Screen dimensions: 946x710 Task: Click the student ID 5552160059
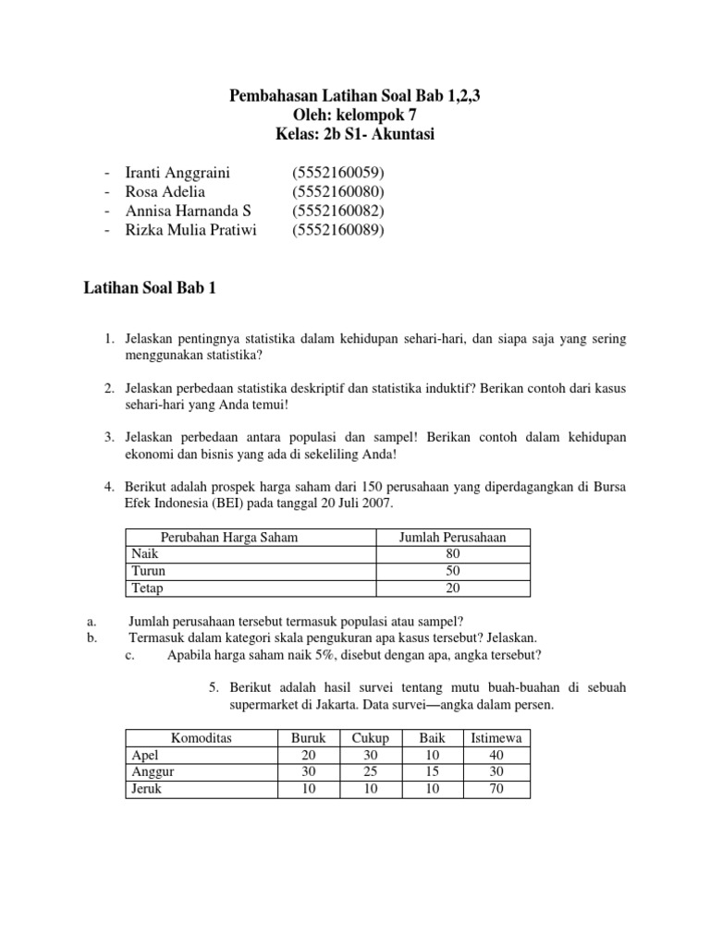337,173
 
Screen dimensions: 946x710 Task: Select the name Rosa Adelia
165,192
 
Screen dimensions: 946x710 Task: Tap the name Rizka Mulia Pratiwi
190,231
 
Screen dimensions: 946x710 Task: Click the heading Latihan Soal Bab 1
149,289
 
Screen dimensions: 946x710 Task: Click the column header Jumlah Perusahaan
452,537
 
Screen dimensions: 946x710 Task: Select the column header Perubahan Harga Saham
229,537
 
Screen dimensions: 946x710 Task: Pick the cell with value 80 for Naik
452,553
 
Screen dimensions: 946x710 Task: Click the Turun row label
148,571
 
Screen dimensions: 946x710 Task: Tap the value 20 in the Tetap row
452,588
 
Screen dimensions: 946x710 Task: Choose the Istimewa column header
497,738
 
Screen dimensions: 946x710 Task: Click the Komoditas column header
202,738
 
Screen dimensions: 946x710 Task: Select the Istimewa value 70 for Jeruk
497,789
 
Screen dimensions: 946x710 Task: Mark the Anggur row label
153,772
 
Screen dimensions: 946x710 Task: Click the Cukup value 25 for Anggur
370,772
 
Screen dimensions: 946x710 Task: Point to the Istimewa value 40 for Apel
497,755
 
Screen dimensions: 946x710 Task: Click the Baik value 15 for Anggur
432,772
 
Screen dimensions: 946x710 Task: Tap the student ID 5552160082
337,212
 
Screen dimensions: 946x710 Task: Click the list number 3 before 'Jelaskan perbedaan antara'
109,436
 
